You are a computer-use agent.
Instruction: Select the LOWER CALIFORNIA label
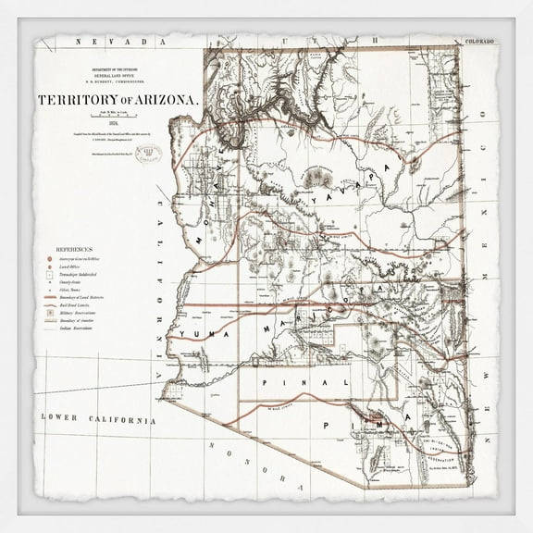tap(96, 418)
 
